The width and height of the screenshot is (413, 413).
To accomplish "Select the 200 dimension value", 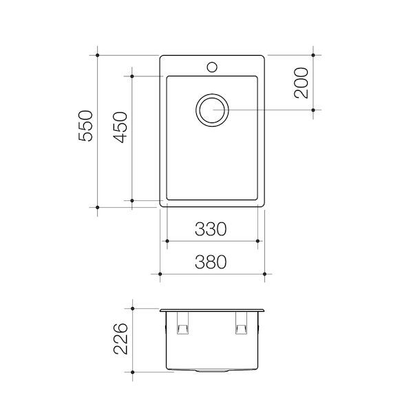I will [x=300, y=83].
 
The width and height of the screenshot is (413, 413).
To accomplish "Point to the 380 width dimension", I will [x=212, y=262].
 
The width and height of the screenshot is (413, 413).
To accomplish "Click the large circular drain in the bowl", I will [x=212, y=109].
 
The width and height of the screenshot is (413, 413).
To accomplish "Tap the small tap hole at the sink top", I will [x=212, y=67].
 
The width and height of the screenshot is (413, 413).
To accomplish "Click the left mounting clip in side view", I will [x=184, y=325].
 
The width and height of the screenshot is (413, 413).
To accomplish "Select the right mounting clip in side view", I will [x=240, y=325].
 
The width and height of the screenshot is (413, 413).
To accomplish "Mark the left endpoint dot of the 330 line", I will [x=167, y=241].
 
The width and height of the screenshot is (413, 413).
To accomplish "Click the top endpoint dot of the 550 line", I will [x=98, y=54].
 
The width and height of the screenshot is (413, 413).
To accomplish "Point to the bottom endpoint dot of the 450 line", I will [x=132, y=200].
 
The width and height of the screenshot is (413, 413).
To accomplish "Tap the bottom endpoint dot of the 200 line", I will [x=313, y=109].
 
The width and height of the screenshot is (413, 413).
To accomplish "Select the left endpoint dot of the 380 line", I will [x=160, y=275].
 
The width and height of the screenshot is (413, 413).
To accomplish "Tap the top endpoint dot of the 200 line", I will [x=313, y=54].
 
